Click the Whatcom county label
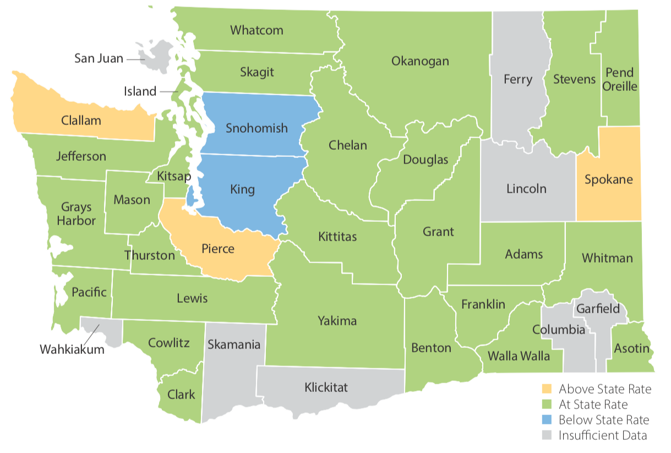(257, 30)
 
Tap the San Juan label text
(99, 58)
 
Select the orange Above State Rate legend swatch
(546, 389)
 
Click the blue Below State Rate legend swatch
(546, 420)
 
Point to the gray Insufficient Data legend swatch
(546, 435)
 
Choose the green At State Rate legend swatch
(546, 405)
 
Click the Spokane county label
(608, 179)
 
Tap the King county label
(242, 190)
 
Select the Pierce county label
(217, 249)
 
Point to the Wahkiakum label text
(72, 349)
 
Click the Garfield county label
(598, 309)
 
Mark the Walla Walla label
(519, 356)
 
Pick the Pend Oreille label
(620, 80)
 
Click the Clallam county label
(81, 120)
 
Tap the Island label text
(140, 91)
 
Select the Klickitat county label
(326, 387)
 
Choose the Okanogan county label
(420, 61)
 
